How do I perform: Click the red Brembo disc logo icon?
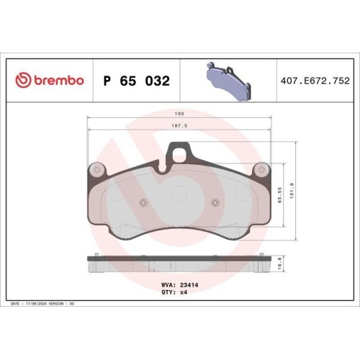pos(23,80)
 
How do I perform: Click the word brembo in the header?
pos(59,80)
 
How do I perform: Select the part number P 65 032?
pos(137,81)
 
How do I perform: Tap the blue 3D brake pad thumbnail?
pos(229,81)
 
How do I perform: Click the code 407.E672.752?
pos(315,81)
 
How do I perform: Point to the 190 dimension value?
pos(179,114)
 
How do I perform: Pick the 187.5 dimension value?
pos(179,125)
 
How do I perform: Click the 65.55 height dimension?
pos(280,195)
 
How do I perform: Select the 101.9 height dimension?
pos(292,191)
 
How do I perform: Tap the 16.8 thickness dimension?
pos(280,264)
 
